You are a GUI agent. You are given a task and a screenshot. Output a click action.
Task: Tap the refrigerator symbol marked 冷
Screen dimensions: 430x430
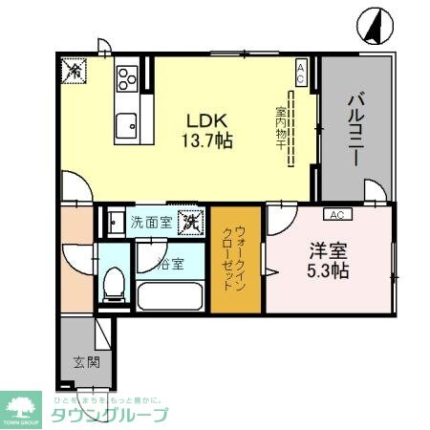point(74,71)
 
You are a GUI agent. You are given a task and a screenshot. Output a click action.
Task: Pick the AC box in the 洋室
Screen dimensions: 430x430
point(337,214)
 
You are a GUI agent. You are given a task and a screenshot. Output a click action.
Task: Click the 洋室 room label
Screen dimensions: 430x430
point(328,250)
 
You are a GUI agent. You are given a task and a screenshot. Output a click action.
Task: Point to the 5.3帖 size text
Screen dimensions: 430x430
point(328,270)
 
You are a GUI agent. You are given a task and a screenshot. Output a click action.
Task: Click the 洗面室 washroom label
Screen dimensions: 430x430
point(151,221)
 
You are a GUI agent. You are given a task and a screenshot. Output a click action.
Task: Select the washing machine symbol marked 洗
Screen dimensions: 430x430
point(190,221)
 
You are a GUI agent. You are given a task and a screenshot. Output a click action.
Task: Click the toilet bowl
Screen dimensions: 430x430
point(114,284)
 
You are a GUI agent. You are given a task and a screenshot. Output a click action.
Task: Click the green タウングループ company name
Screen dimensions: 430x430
point(109,414)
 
